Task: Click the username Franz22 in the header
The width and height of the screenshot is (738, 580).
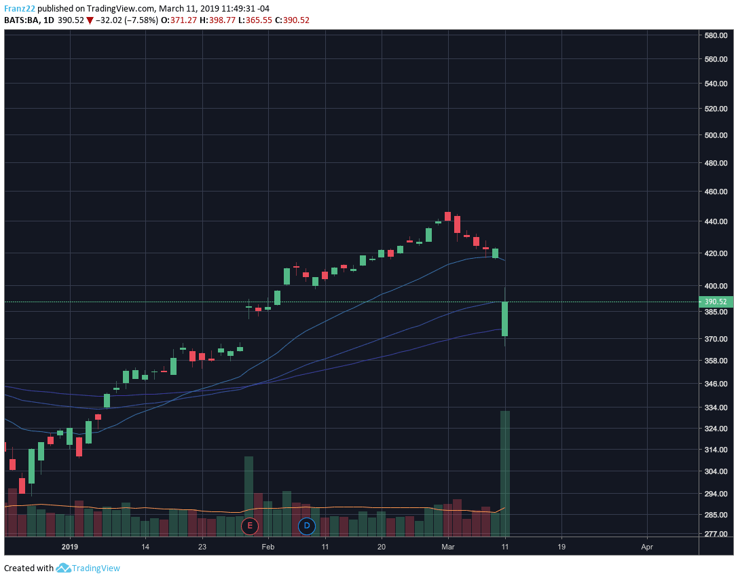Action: coord(19,9)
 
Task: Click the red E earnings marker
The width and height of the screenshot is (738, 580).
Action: coord(250,526)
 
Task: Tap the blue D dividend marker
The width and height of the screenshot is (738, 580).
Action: coord(307,526)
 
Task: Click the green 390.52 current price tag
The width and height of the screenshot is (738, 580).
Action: coord(716,302)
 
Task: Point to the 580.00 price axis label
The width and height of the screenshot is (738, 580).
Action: coord(716,35)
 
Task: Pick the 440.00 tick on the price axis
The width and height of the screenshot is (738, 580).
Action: coord(716,222)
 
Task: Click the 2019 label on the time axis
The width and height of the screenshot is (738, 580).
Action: coord(71,546)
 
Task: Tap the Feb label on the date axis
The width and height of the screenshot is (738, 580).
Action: coord(268,546)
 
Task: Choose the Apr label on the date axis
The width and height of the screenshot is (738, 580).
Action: coord(647,546)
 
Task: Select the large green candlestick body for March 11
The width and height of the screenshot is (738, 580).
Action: coord(504,319)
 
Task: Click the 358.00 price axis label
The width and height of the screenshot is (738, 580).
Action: coord(716,361)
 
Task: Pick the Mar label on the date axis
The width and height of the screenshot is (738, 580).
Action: coord(447,546)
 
